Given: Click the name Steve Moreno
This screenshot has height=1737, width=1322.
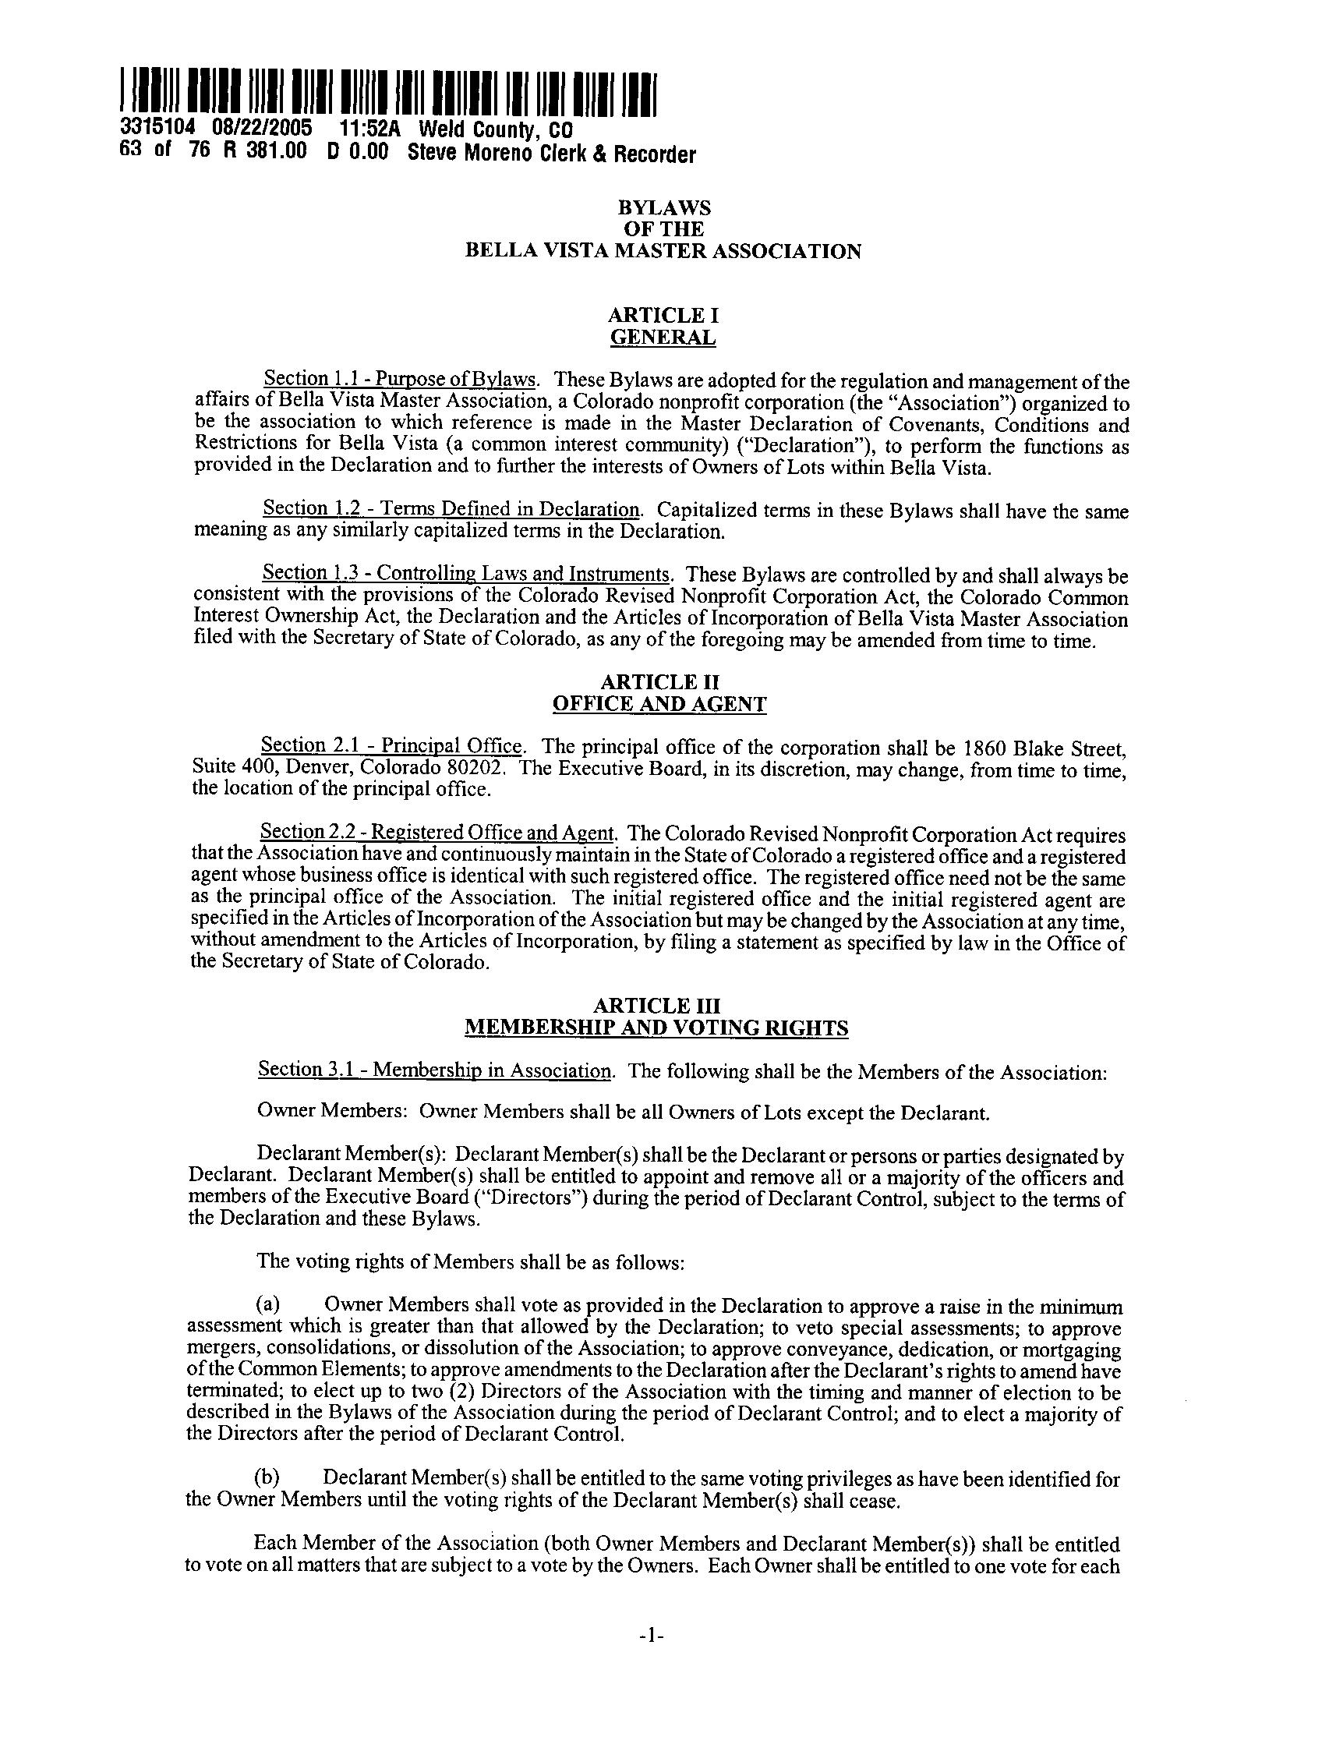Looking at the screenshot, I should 472,153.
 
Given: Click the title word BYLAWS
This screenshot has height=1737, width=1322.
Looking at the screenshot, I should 663,208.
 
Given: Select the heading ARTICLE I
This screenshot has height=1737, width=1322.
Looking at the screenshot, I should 663,316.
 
